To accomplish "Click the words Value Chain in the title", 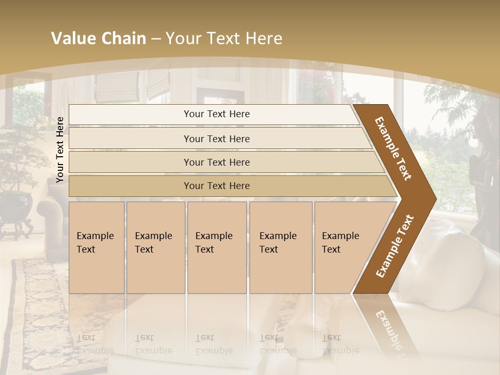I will pos(98,39).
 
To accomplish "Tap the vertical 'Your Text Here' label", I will pos(60,149).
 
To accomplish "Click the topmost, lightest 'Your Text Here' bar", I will pos(216,114).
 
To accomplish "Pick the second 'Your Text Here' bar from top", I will pos(216,139).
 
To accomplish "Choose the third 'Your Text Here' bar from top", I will pos(216,162).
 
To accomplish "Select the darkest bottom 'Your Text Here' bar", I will pos(216,186).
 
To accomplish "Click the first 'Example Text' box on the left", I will pos(96,247).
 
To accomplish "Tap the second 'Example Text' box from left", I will pos(155,247).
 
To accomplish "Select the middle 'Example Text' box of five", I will pos(217,247).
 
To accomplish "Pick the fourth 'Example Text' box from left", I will pos(280,247).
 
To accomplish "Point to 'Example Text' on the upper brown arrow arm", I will pos(393,148).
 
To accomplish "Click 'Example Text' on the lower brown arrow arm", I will pos(395,246).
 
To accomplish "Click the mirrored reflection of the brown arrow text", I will pos(388,328).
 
